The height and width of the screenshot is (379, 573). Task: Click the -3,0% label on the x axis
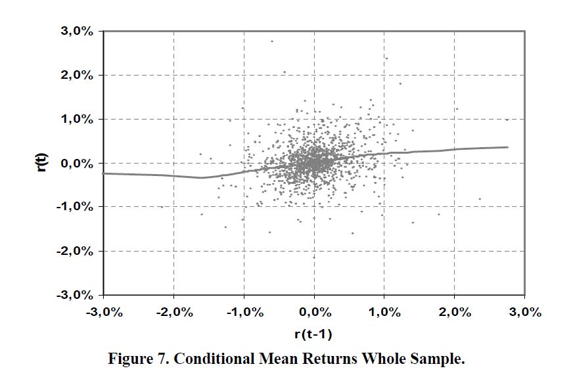pyautogui.click(x=104, y=312)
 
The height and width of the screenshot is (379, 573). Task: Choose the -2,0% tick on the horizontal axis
pyautogui.click(x=173, y=312)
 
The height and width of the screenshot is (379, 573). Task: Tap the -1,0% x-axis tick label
pyautogui.click(x=244, y=312)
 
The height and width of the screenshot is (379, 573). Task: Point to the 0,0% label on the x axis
pyautogui.click(x=314, y=312)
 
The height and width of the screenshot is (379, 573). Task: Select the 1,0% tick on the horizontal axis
pyautogui.click(x=384, y=312)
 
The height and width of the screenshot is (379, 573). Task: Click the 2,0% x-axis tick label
pyautogui.click(x=455, y=312)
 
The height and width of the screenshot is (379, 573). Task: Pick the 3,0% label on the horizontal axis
pyautogui.click(x=525, y=312)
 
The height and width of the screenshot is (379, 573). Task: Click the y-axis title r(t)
pyautogui.click(x=41, y=162)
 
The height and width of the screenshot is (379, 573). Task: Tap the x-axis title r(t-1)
pyautogui.click(x=313, y=334)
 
